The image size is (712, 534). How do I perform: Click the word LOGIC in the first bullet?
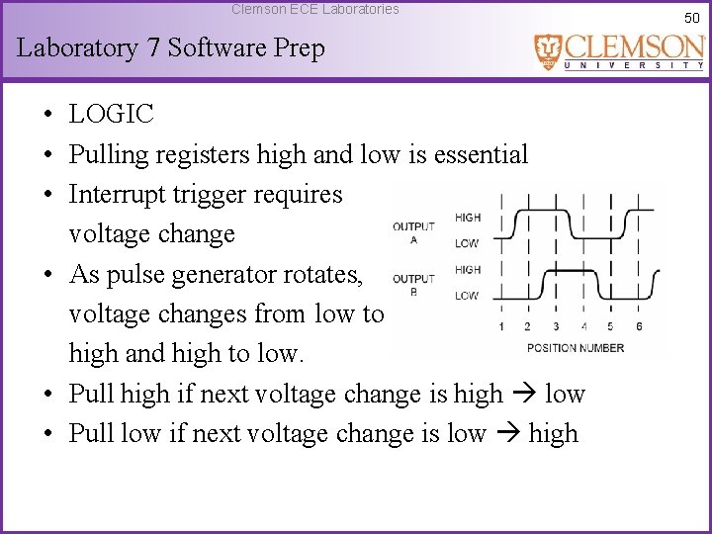point(111,114)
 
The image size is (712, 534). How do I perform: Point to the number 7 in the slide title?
point(153,47)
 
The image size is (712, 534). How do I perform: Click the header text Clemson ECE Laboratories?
point(314,9)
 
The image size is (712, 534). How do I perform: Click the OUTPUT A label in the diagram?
point(413,231)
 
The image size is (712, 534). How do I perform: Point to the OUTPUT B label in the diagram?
point(413,284)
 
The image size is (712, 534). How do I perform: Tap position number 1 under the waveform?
point(501,326)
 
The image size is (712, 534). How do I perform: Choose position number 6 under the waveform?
point(639,326)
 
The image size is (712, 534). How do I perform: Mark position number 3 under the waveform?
point(556,326)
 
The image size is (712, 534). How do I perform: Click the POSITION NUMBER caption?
point(576,347)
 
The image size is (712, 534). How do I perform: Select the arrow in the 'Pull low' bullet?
point(506,434)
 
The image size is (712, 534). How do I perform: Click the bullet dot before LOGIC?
point(47,115)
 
